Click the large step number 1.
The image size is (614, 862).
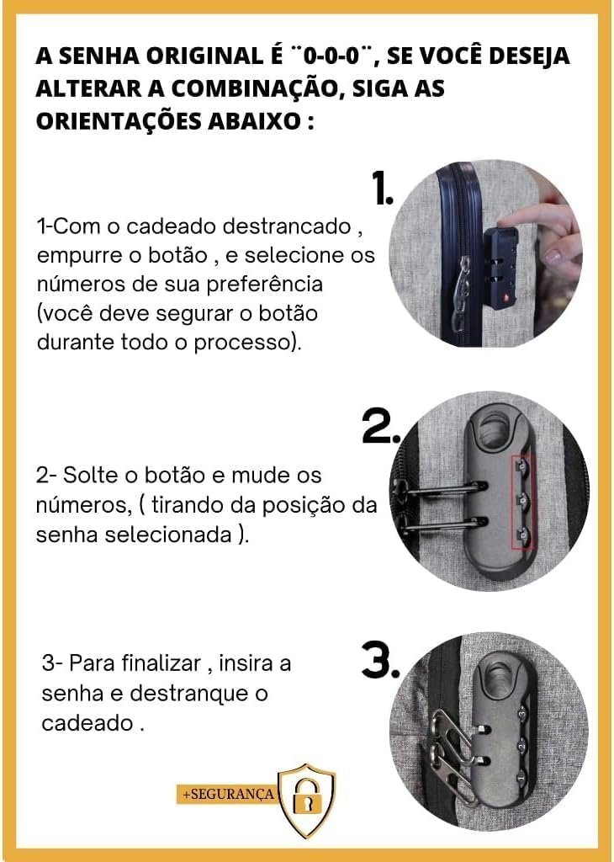[x=382, y=190]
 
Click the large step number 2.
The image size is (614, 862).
[x=380, y=428]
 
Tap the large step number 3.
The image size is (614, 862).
[x=379, y=662]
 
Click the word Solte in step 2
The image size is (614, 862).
[x=93, y=476]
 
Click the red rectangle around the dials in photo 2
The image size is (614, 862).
[x=523, y=502]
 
